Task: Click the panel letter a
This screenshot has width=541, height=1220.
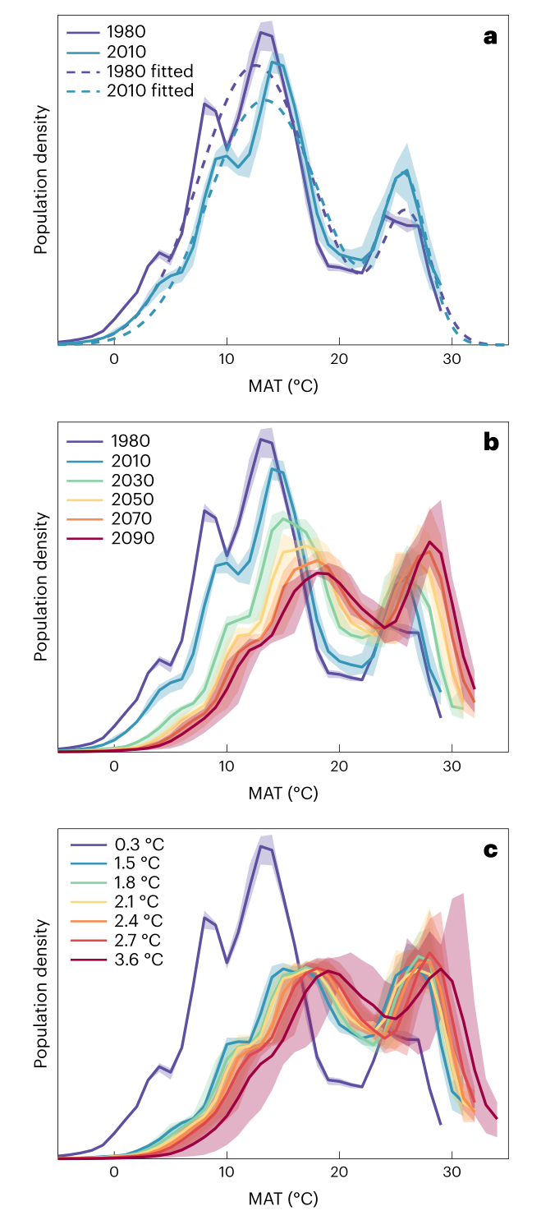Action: click(490, 37)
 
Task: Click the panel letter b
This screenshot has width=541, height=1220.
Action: click(490, 444)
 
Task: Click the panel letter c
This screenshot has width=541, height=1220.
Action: click(490, 849)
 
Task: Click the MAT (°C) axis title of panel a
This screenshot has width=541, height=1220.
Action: click(282, 386)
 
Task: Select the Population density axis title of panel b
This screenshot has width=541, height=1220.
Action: click(40, 587)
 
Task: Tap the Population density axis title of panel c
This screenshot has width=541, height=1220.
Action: click(40, 994)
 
